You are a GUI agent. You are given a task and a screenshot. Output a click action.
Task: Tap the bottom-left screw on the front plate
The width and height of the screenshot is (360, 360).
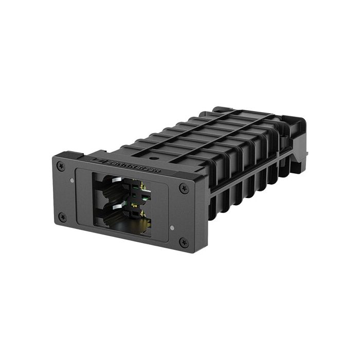pos(63,217)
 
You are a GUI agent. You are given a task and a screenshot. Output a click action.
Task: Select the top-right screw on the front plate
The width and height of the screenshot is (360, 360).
pos(184,189)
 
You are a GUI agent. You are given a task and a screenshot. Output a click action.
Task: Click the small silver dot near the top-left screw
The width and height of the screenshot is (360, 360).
pos(71,180)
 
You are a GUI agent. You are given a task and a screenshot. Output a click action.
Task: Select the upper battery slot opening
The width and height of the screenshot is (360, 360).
pos(116,186)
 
